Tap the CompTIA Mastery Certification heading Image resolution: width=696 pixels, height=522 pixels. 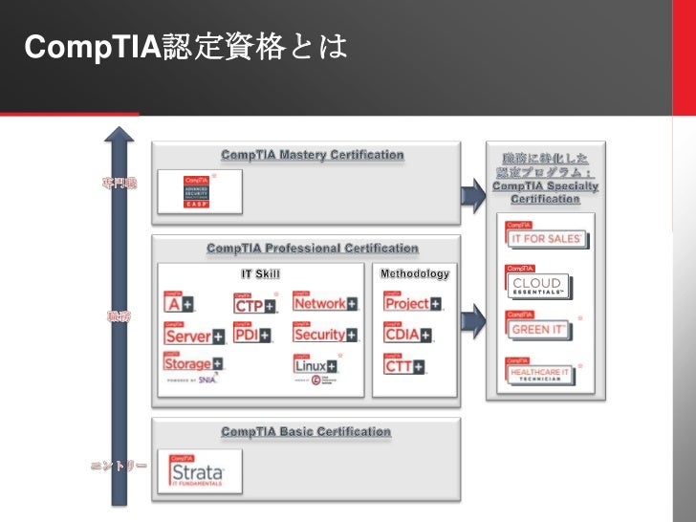point(313,155)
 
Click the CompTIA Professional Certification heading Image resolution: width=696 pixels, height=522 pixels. point(313,249)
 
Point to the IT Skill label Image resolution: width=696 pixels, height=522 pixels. point(260,274)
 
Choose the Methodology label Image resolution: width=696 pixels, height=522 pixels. point(415,274)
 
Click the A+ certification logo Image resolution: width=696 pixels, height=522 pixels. point(179,302)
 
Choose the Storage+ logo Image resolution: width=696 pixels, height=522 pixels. point(193,364)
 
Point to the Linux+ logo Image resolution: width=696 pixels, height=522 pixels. point(315,366)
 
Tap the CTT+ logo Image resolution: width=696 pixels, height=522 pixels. point(404,364)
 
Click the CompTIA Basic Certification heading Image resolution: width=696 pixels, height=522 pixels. point(306,432)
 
